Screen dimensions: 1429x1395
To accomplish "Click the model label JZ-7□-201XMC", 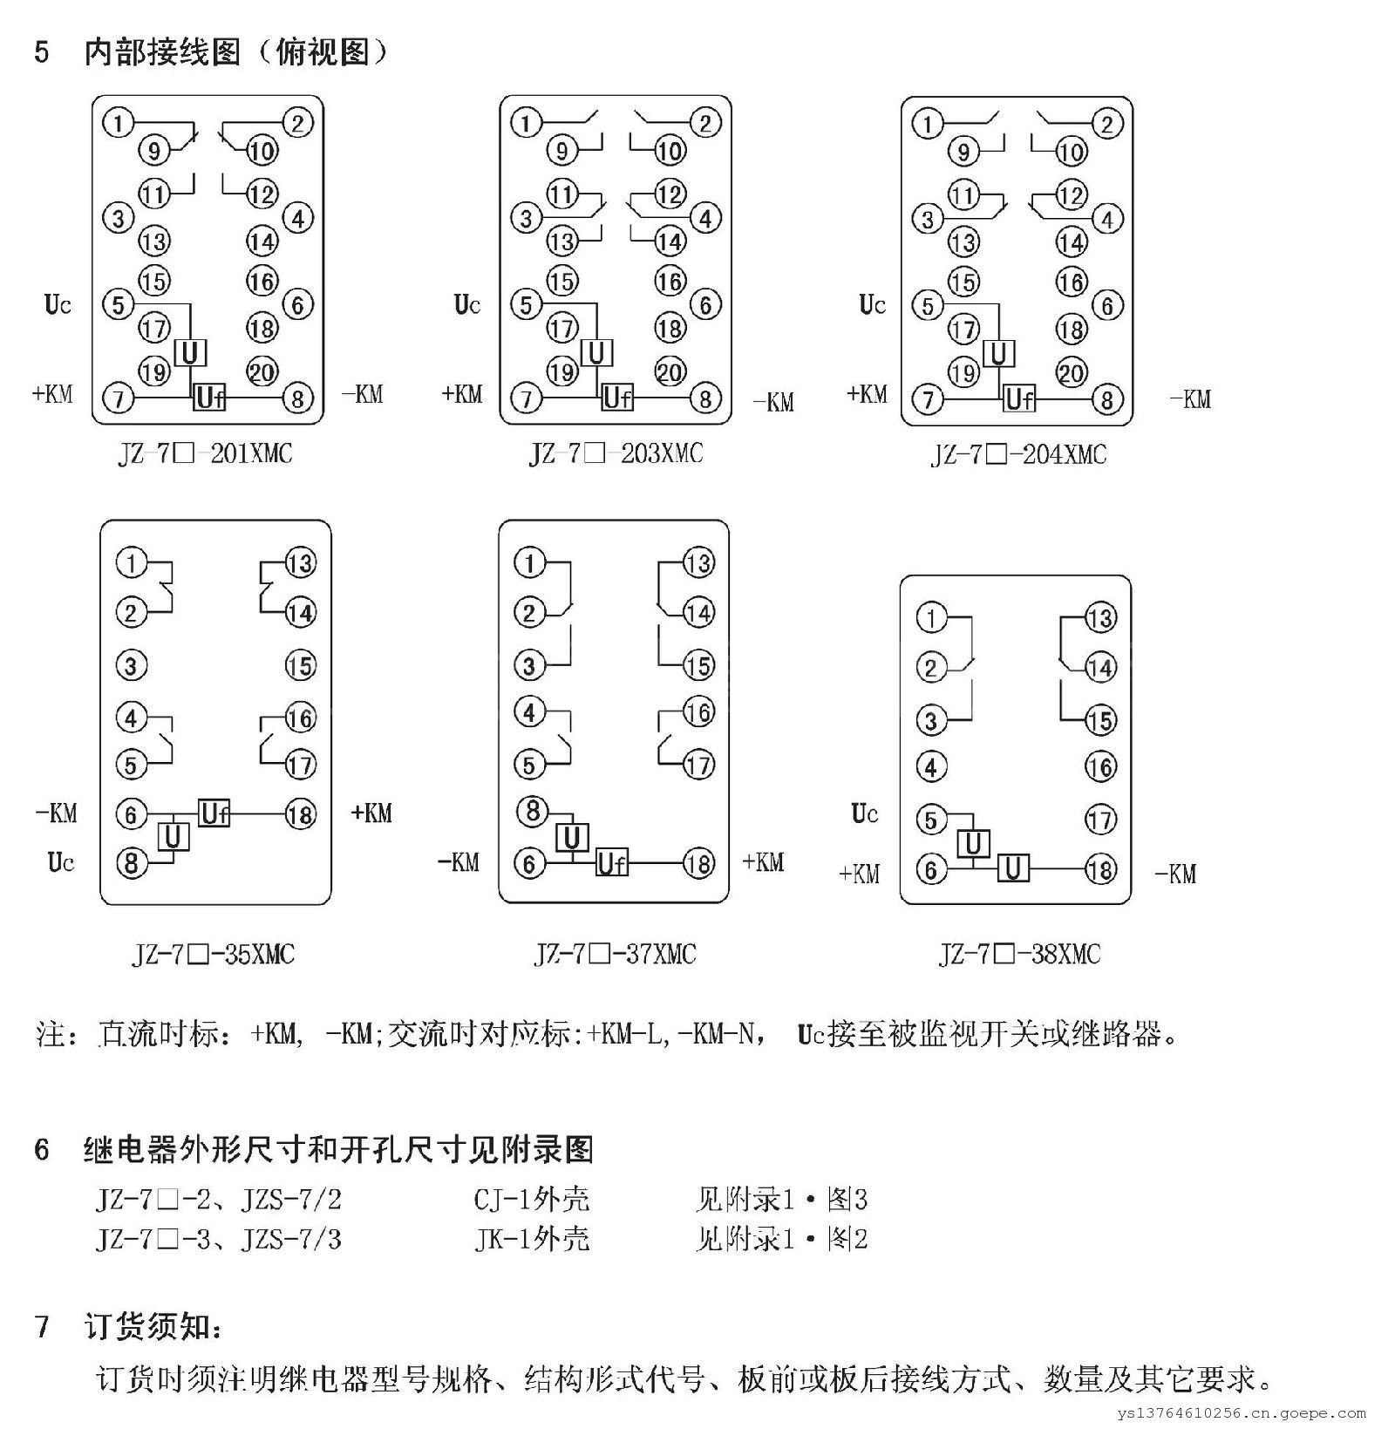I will (x=205, y=453).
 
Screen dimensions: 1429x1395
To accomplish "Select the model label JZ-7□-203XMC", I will (x=615, y=453).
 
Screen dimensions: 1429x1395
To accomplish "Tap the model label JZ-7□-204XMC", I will (x=1018, y=454).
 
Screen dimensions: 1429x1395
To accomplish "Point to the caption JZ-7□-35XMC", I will (x=213, y=954).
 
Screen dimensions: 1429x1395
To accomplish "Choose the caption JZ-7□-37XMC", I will (x=615, y=954).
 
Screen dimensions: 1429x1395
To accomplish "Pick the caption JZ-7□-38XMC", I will (x=1019, y=954).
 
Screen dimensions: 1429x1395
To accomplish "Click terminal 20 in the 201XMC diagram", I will (x=262, y=372).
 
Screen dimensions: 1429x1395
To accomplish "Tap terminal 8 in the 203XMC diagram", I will (x=704, y=399).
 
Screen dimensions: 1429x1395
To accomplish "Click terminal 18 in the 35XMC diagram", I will (x=300, y=814).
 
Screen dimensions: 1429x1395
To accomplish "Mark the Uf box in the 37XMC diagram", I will (x=611, y=863).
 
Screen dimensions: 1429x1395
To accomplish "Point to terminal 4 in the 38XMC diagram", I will (x=931, y=767).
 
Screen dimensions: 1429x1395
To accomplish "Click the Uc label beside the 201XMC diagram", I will (x=58, y=305).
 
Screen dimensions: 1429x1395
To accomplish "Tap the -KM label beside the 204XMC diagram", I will (x=1189, y=399).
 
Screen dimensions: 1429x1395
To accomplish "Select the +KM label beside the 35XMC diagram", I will (x=371, y=813).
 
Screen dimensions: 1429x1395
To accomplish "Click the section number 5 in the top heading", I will (x=42, y=52).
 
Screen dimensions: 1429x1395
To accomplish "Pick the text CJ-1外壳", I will (x=531, y=1200).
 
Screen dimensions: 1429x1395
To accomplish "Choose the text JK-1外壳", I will (x=531, y=1239).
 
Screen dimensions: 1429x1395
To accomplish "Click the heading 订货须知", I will (x=153, y=1327).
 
